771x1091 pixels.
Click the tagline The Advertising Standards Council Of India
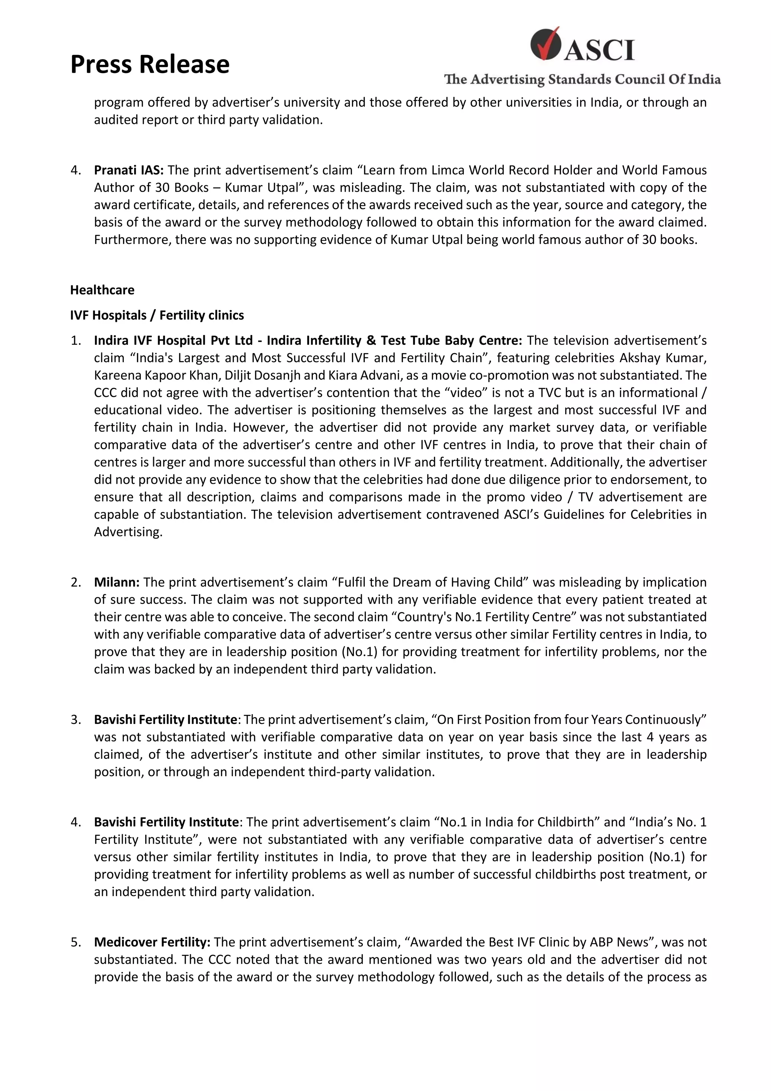pyautogui.click(x=582, y=79)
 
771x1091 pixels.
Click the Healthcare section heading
pyautogui.click(x=102, y=290)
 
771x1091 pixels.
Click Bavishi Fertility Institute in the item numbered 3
pyautogui.click(x=165, y=719)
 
